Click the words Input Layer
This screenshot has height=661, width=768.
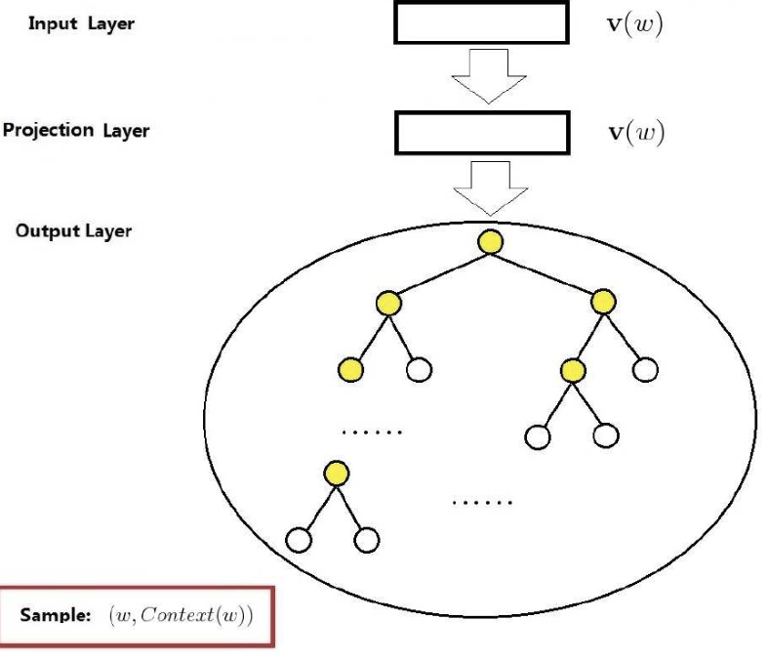[x=81, y=24]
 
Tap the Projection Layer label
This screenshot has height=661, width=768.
[x=75, y=130]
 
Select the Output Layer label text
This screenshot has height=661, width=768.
[x=73, y=231]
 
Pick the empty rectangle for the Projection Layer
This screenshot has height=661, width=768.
[x=481, y=133]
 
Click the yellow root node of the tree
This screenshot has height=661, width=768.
[x=491, y=241]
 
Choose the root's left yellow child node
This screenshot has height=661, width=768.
[x=389, y=303]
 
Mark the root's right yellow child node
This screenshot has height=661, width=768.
[x=603, y=302]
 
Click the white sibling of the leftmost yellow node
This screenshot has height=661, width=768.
[x=419, y=370]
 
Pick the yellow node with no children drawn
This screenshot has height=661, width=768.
[x=349, y=370]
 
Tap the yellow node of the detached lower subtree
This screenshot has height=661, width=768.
[x=337, y=475]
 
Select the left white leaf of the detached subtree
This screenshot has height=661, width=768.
[x=299, y=538]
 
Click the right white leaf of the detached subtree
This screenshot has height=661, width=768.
[x=367, y=538]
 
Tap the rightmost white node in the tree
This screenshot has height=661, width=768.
[x=645, y=370]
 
